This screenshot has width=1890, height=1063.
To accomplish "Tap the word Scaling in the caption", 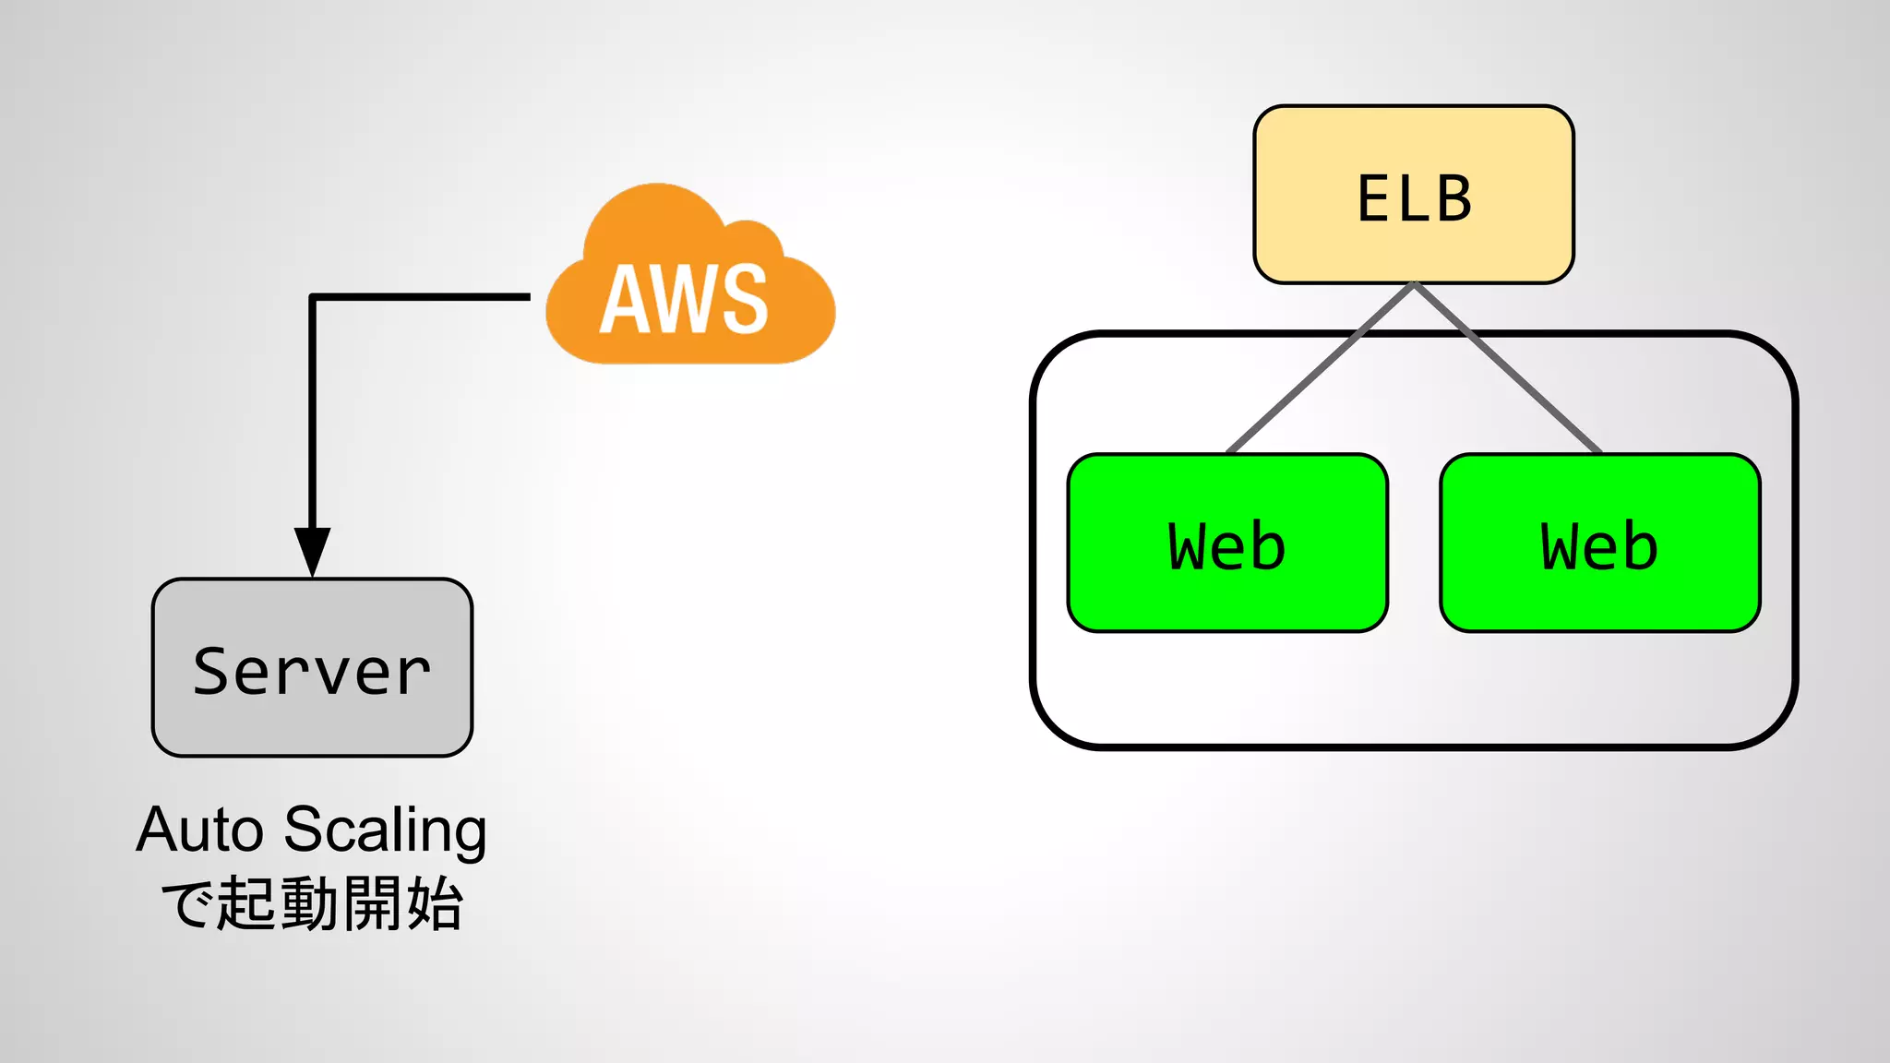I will (x=385, y=830).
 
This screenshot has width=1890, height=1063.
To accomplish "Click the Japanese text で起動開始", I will (x=312, y=903).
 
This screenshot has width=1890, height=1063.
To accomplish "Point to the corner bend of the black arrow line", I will (x=313, y=297).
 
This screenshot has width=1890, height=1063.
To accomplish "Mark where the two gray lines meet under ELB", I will (x=1414, y=285).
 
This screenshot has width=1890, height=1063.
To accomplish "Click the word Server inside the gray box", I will (x=312, y=671).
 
